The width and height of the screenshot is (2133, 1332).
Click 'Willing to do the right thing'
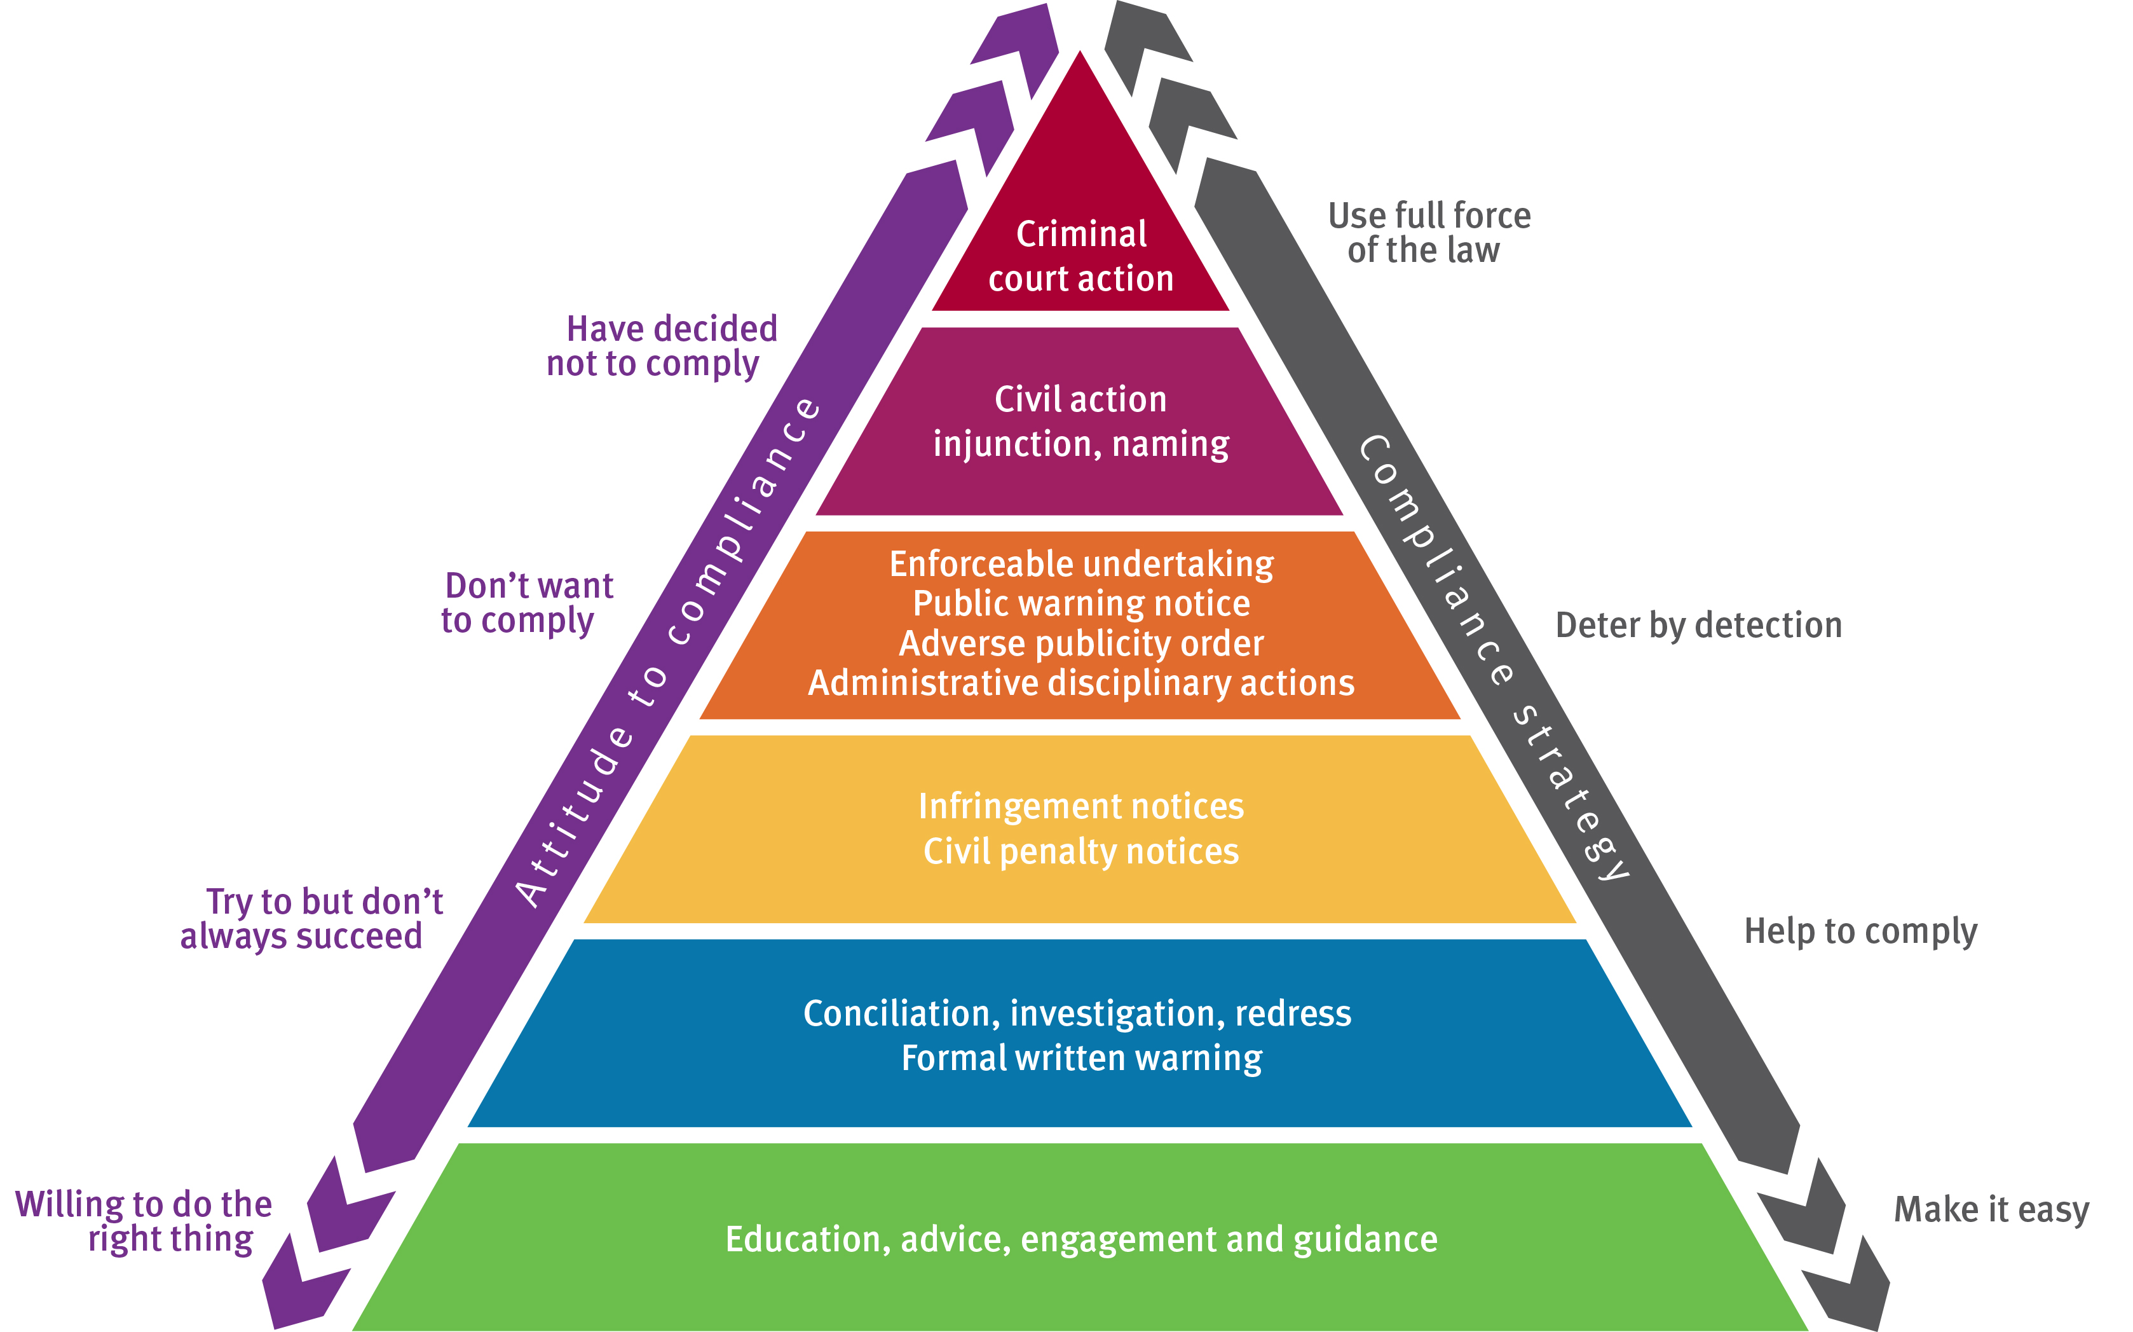pyautogui.click(x=144, y=1221)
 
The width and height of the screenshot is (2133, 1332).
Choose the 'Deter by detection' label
pyautogui.click(x=1698, y=626)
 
